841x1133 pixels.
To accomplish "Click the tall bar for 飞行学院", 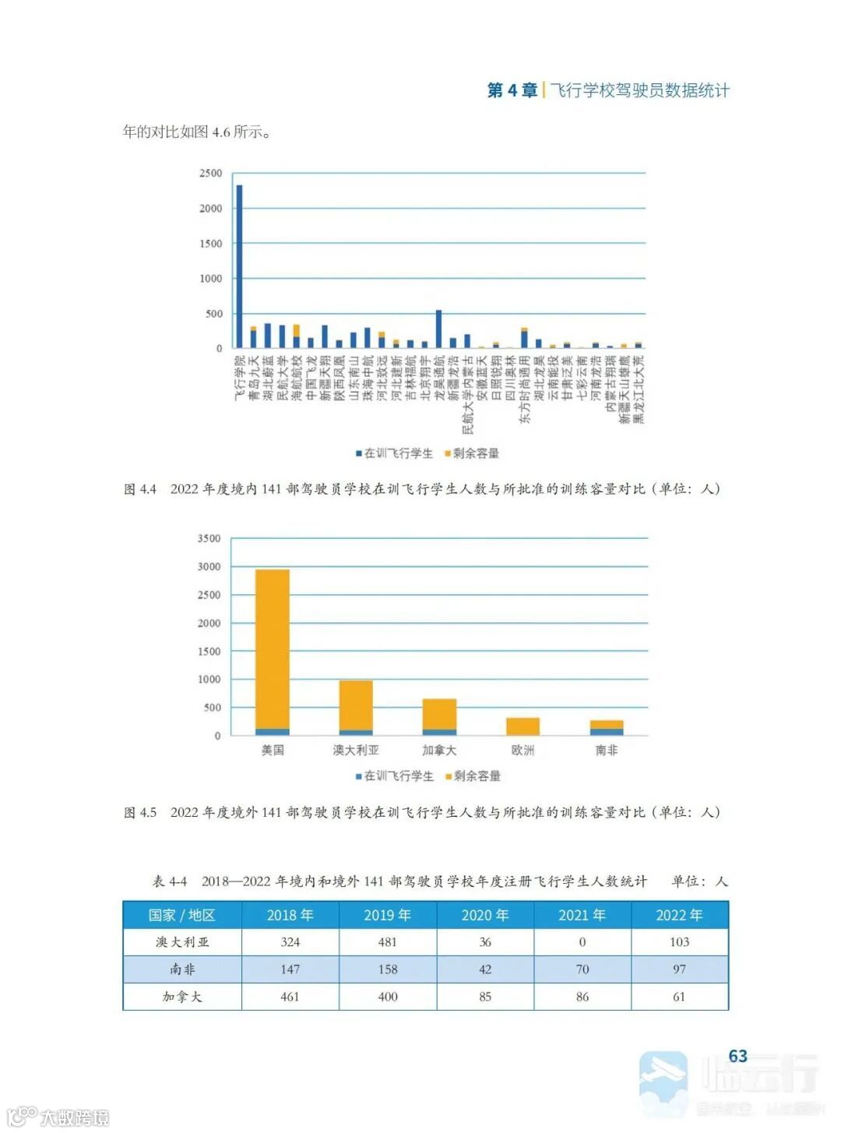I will click(x=239, y=266).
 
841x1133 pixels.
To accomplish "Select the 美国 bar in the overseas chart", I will click(x=273, y=653).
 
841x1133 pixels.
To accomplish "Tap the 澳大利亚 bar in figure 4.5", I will click(x=356, y=708).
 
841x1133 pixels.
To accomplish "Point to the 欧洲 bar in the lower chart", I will click(x=523, y=727).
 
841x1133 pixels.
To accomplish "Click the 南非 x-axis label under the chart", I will click(x=607, y=751).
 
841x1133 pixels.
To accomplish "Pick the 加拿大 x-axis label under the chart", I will click(x=439, y=751).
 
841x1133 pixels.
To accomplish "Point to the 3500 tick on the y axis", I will click(x=209, y=539).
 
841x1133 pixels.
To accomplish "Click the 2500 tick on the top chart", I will click(x=210, y=174).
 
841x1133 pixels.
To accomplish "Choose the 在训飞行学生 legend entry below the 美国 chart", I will click(x=395, y=776).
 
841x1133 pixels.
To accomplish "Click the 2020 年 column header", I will click(x=485, y=915).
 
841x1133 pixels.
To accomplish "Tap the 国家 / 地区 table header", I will click(x=182, y=915).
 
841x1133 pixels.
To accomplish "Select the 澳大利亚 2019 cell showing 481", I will click(x=388, y=942).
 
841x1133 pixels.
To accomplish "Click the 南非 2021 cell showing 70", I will click(x=582, y=969).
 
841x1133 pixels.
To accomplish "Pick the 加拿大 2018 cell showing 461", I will click(x=290, y=997).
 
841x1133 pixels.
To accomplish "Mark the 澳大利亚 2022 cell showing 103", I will click(x=679, y=942).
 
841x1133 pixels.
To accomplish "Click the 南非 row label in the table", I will click(x=182, y=969).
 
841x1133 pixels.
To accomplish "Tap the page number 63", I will click(x=737, y=1056).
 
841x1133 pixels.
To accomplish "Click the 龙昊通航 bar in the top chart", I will click(x=438, y=329).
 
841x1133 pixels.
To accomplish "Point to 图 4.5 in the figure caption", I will click(x=140, y=813).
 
